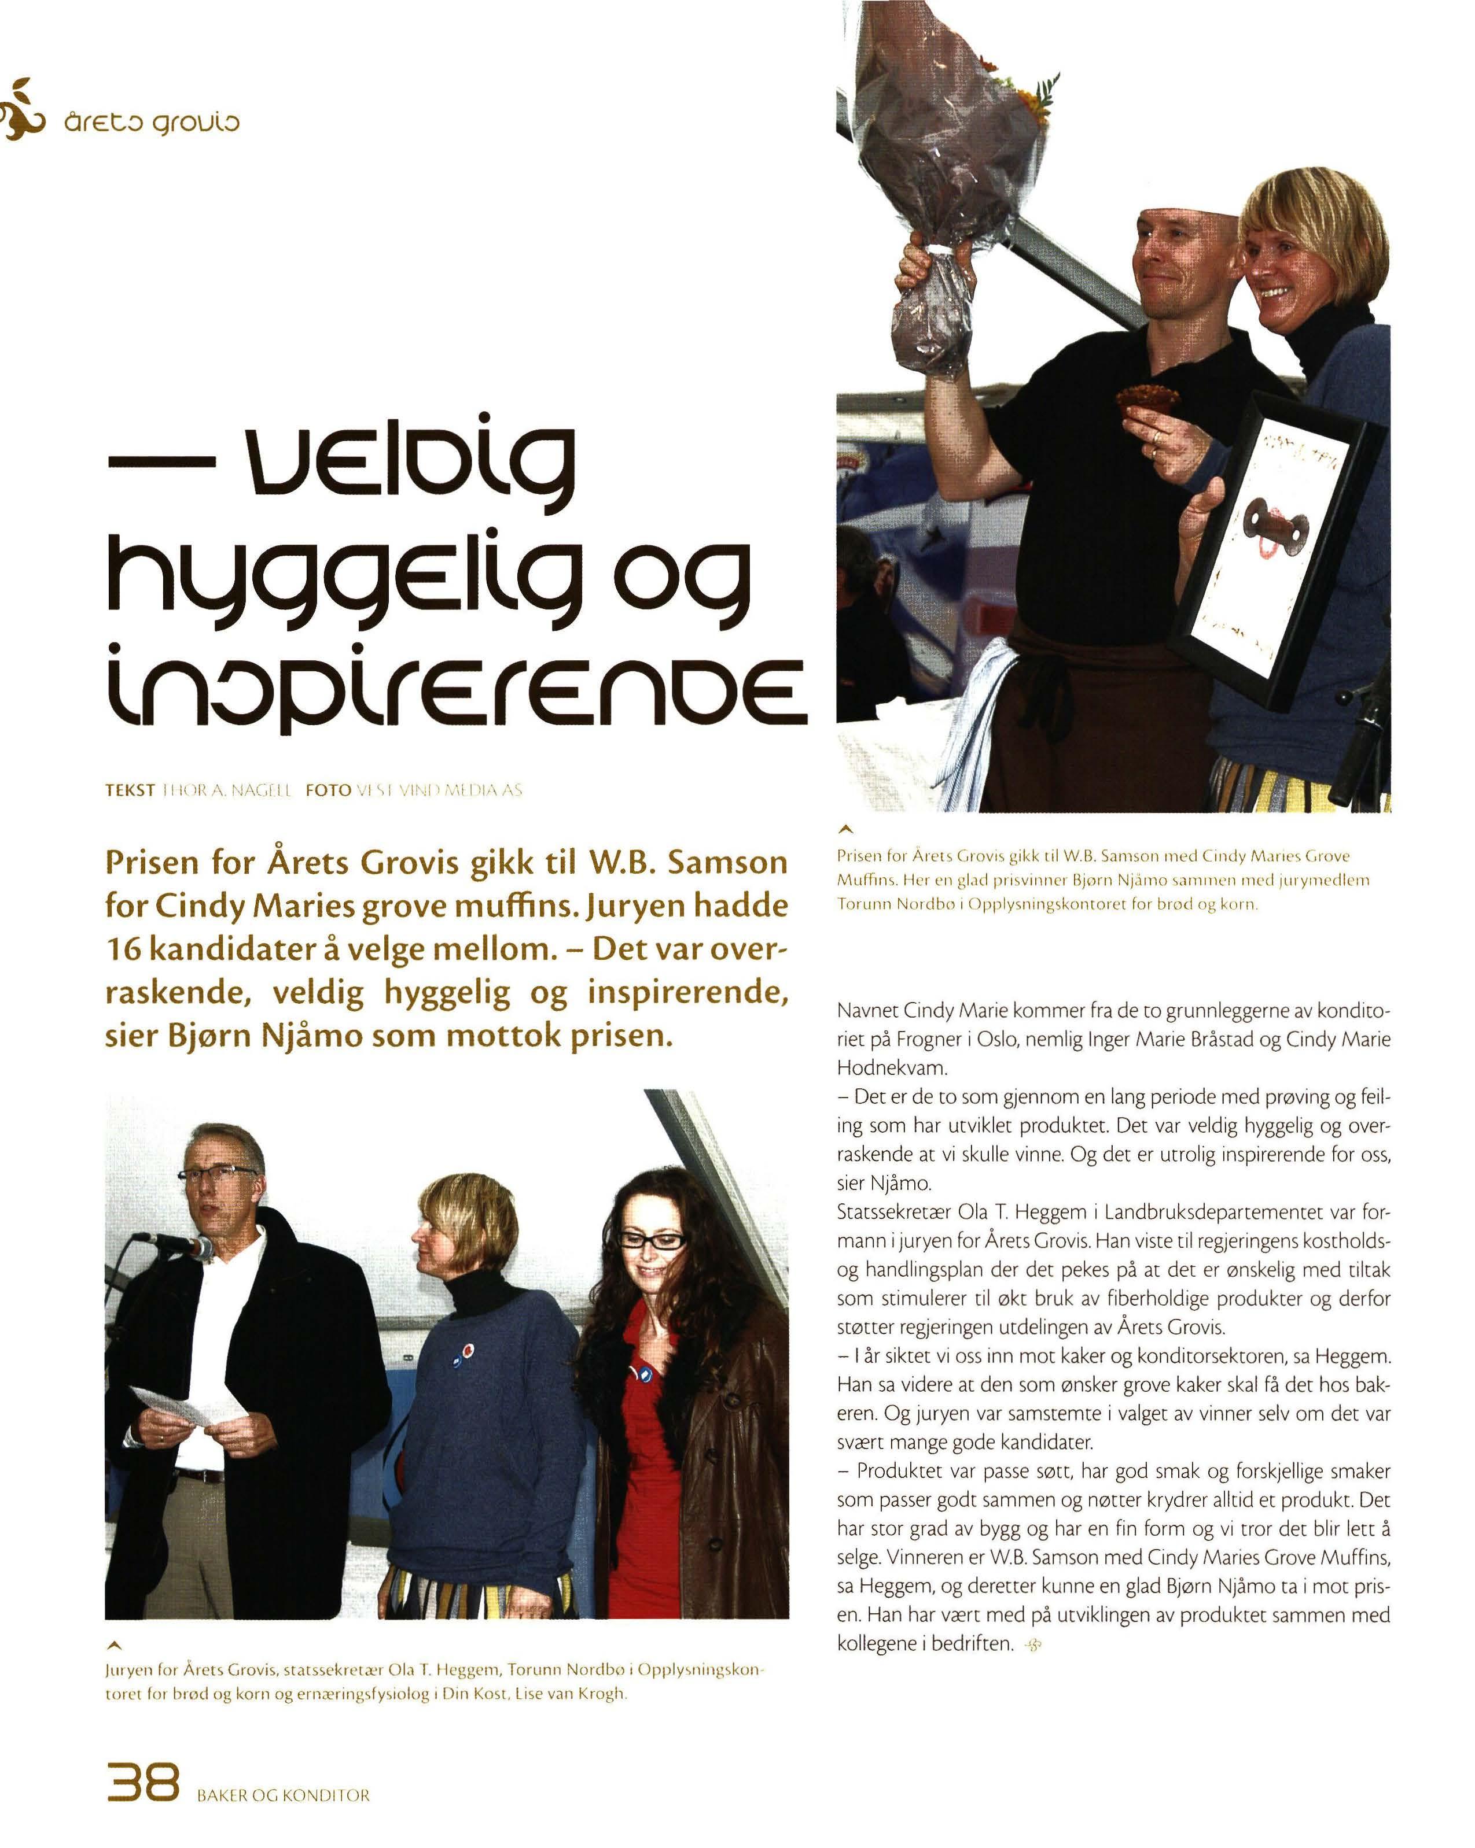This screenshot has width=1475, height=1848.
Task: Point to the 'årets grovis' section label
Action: (152, 121)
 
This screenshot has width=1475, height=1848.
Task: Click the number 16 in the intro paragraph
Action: (123, 949)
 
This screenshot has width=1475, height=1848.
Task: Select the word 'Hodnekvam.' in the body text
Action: (892, 1068)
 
